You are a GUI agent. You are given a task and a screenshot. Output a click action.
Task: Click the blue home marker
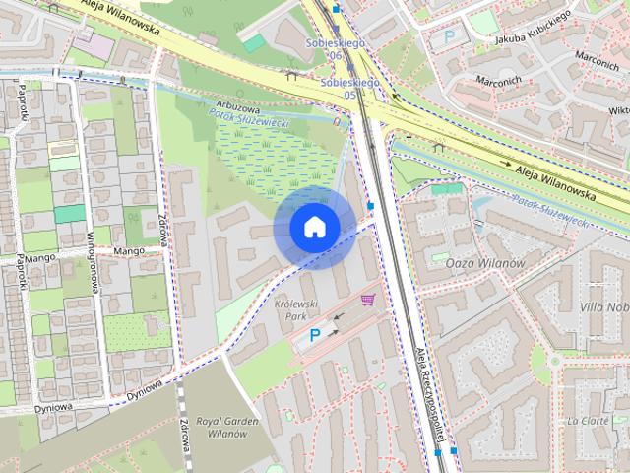pos(314,228)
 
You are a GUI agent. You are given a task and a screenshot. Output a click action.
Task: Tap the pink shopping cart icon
pos(368,299)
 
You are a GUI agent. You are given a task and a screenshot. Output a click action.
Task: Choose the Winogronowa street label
pos(98,246)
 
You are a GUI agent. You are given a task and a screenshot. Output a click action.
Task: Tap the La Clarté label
pos(588,421)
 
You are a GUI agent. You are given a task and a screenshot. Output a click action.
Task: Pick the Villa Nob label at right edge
pos(604,307)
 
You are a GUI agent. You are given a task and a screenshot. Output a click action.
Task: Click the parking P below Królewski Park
pos(315,336)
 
